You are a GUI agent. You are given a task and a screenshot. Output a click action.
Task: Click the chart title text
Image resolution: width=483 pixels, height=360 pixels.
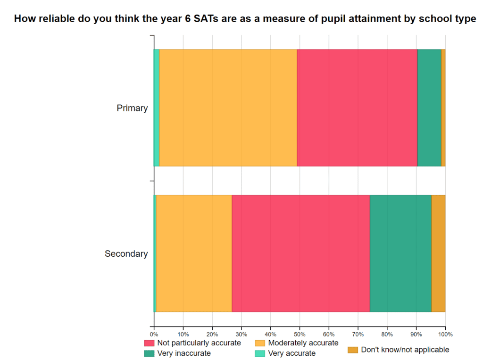coord(245,19)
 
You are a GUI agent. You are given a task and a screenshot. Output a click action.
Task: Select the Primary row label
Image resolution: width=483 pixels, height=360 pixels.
coord(132,108)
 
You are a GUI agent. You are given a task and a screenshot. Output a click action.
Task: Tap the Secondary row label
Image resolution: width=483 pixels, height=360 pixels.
coord(126,254)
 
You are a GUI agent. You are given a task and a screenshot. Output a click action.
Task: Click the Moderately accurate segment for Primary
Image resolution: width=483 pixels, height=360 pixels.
coord(228,108)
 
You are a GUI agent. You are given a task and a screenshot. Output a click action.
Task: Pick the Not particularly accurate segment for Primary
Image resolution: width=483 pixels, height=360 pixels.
coord(357,108)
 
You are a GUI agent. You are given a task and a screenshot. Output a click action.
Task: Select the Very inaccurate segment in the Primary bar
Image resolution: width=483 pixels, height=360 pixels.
coord(429,108)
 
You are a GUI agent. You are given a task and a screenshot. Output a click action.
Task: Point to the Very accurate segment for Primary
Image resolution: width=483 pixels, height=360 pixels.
coord(157,108)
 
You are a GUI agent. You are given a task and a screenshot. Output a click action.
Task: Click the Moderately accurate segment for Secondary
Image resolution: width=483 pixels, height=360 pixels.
coord(194,254)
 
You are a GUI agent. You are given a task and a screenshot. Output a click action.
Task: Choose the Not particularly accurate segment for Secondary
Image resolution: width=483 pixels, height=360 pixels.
coord(300,254)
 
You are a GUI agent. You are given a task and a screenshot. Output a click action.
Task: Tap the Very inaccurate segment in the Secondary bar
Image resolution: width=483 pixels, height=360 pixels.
coord(400,254)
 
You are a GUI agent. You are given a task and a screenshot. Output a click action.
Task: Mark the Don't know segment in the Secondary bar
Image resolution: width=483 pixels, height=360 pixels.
coord(438,254)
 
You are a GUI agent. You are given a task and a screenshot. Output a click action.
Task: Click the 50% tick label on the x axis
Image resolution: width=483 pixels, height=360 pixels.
coord(300,335)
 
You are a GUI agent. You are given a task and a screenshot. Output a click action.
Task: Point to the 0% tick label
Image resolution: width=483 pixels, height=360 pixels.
coord(154,335)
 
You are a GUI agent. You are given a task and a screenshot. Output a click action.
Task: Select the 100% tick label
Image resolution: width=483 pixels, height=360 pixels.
coord(445,335)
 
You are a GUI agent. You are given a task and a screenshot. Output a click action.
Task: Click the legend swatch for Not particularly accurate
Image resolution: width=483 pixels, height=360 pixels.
coord(149,343)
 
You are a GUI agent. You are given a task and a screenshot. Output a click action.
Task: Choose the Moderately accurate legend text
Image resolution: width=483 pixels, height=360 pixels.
coord(303,343)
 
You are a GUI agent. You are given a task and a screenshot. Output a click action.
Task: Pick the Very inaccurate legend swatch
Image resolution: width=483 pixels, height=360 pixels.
coord(149,353)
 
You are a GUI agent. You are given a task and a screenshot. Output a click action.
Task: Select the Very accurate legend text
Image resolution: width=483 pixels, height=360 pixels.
coord(291,353)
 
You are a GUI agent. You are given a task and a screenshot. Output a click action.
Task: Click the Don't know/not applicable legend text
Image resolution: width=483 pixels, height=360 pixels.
coord(405,350)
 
